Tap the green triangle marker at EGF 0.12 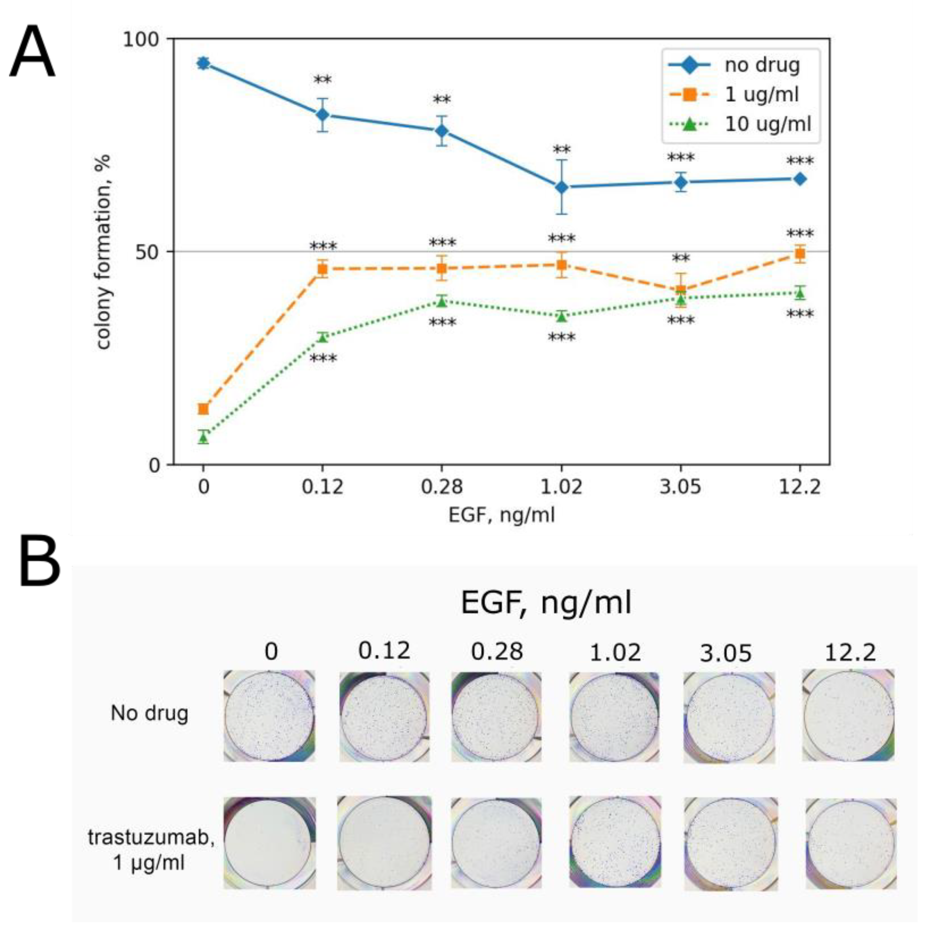click(323, 337)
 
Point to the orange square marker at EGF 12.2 click(800, 254)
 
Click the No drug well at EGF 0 click(269, 716)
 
